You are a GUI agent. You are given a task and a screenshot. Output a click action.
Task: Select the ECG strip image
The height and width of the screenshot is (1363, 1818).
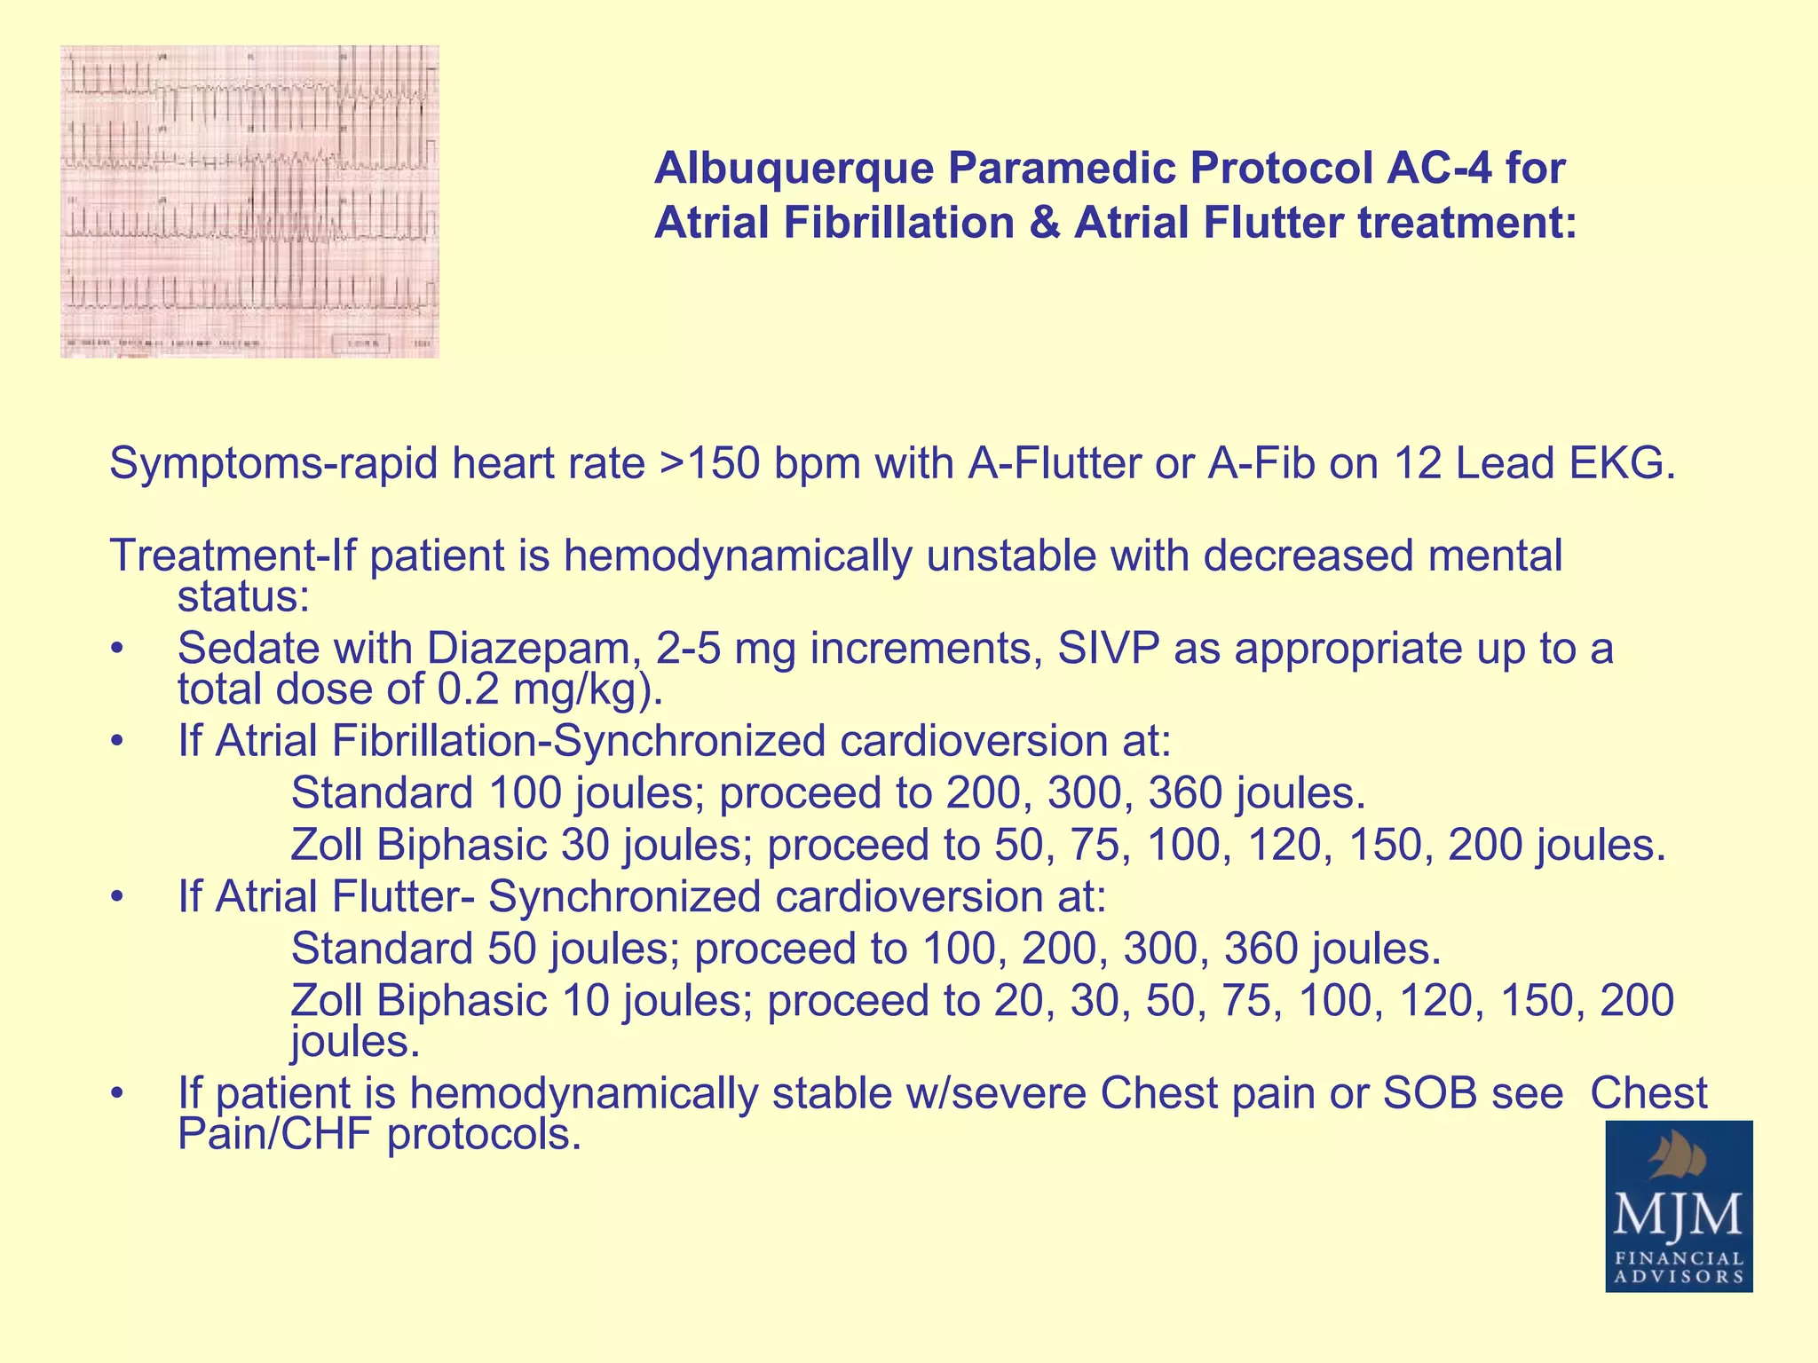tap(249, 201)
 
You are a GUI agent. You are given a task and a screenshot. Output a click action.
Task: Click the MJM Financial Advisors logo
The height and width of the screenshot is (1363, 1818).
tap(1679, 1205)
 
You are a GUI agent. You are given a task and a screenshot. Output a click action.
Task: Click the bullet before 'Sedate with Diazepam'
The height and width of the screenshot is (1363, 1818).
tap(115, 650)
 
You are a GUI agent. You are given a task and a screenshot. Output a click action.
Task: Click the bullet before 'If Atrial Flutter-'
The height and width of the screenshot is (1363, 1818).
tap(115, 898)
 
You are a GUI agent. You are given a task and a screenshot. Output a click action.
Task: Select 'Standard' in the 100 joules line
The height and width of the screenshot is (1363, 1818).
tap(382, 792)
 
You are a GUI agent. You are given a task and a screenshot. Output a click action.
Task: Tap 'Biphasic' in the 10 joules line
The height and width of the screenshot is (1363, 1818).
tap(462, 1000)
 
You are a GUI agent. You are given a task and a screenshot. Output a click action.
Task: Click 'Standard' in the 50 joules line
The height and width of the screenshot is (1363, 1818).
tap(382, 949)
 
